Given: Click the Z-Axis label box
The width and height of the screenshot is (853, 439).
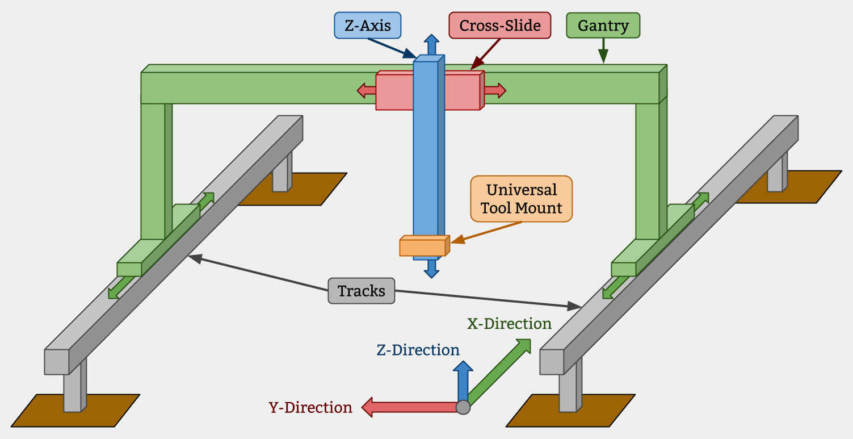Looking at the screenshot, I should (367, 26).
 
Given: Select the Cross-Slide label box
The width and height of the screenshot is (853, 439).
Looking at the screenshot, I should (499, 26).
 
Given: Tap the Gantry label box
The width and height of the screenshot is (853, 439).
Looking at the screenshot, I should (603, 26).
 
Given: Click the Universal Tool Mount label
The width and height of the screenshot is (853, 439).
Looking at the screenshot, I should (521, 199).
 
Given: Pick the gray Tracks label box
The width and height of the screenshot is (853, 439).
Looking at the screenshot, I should (361, 291).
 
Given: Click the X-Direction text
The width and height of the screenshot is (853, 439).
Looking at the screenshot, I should (509, 324).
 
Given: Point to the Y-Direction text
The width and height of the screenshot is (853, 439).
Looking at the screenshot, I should (310, 408).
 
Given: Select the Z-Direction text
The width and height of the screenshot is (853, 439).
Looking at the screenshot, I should (418, 350).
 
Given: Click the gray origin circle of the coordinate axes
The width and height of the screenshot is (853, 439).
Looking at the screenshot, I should (463, 407).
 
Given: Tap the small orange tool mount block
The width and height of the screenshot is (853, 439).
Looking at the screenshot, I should (423, 247).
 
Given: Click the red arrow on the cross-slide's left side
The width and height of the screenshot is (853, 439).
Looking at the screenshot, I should (366, 90).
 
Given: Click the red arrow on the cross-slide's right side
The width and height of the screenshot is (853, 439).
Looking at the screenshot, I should (495, 90).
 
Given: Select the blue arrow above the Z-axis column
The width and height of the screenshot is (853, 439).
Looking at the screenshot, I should (431, 44).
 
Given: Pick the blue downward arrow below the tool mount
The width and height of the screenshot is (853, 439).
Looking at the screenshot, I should (431, 269).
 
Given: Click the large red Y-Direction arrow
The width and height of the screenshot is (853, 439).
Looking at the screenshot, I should (409, 407).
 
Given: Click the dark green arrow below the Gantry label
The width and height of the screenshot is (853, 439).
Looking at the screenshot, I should (603, 51).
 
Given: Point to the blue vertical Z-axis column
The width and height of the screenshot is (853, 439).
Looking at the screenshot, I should (426, 159).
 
